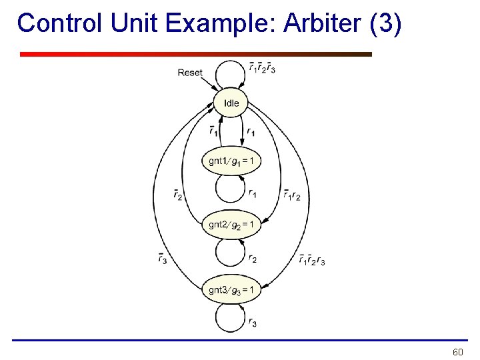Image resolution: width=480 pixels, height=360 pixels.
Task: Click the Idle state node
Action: (x=231, y=103)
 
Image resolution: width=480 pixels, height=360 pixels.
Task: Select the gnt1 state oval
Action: (x=231, y=161)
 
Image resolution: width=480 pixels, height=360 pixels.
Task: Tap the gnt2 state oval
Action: (x=231, y=225)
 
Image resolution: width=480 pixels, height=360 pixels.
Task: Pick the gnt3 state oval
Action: (x=231, y=289)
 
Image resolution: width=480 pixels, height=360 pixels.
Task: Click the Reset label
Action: (x=190, y=73)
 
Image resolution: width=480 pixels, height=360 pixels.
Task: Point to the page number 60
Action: (x=457, y=351)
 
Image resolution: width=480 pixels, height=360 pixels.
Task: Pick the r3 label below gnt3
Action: (x=253, y=323)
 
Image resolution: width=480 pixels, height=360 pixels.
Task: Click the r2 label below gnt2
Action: (x=253, y=259)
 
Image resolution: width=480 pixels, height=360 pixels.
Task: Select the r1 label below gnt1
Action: (x=253, y=194)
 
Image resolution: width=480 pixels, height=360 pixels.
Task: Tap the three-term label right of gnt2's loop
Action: (x=312, y=260)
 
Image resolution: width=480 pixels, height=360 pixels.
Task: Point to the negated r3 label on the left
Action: (x=163, y=259)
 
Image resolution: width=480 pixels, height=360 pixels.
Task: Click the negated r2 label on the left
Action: (x=177, y=195)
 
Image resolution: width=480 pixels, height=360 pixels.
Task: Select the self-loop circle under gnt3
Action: (x=231, y=317)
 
